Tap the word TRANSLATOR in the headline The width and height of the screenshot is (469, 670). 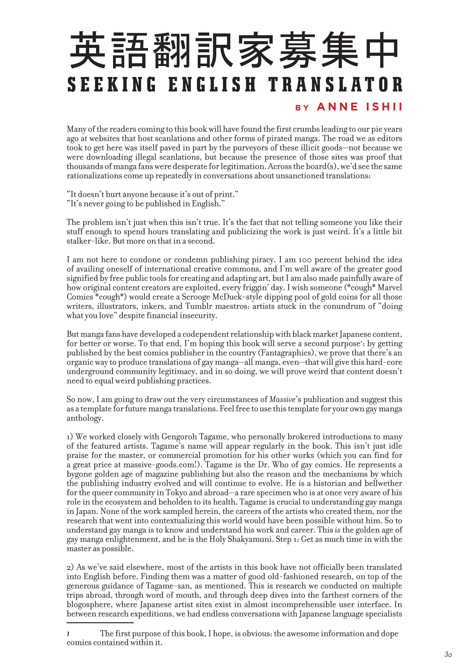335,84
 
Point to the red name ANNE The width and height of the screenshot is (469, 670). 337,107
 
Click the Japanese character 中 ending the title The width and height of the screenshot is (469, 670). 382,50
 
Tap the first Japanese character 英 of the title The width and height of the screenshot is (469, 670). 88,50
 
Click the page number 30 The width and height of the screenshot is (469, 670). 448,654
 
